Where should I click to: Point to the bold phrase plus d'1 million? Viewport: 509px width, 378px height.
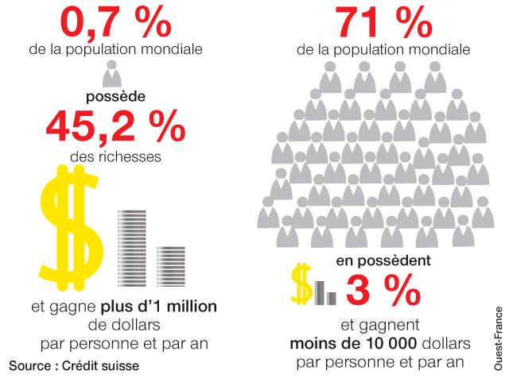pyautogui.click(x=159, y=307)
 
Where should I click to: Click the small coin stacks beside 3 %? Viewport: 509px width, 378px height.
pyautogui.click(x=325, y=292)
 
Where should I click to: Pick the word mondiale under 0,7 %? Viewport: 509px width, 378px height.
pyautogui.click(x=176, y=49)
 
